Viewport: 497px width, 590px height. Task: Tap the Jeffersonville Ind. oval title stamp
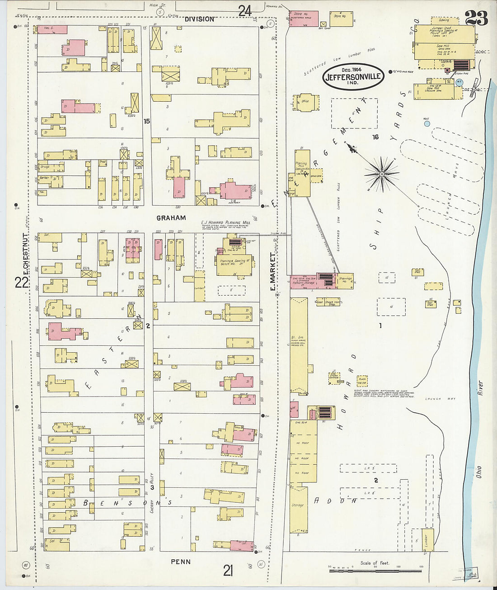(x=353, y=77)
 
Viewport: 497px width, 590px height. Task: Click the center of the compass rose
(x=382, y=173)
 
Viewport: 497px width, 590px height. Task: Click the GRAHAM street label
(x=171, y=218)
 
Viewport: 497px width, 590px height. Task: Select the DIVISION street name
(x=199, y=19)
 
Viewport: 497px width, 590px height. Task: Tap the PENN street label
(x=181, y=562)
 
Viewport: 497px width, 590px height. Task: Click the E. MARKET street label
(x=273, y=271)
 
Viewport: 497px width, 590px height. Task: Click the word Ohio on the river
(x=478, y=473)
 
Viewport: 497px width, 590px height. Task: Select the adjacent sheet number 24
(x=244, y=10)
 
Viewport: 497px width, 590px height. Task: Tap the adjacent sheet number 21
(x=228, y=571)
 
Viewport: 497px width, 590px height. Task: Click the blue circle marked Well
(x=427, y=123)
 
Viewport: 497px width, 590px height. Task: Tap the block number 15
(x=146, y=121)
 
